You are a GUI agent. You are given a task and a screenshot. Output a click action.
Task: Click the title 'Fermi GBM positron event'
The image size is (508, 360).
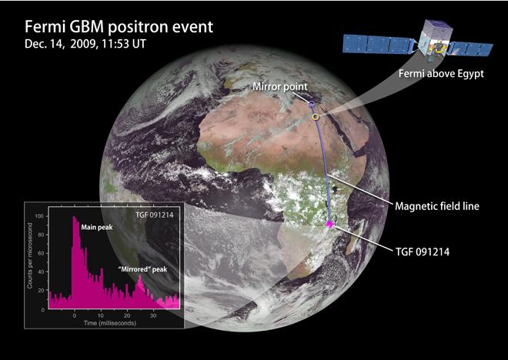pos(119,27)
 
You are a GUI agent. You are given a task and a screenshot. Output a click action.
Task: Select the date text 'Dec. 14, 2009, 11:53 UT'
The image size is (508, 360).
pos(85,44)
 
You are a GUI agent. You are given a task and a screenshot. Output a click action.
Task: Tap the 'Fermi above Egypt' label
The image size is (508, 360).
pos(441,74)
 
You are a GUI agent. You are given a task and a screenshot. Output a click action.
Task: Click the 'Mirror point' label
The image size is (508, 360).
pos(280,87)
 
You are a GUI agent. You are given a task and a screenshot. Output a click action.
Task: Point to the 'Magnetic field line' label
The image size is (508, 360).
pos(437,206)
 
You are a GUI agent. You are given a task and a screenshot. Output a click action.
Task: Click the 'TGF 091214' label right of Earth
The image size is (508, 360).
pos(423,252)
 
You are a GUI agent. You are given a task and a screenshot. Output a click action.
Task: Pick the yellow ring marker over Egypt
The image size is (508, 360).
pos(316,117)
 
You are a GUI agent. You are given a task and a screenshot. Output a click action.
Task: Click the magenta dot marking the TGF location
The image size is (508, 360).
pos(329,224)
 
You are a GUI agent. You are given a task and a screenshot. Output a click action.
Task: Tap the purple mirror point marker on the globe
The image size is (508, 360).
pos(312,105)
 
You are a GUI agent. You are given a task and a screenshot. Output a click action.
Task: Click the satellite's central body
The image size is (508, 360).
pos(433,40)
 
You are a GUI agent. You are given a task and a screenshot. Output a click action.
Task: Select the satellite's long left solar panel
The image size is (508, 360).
pos(379,45)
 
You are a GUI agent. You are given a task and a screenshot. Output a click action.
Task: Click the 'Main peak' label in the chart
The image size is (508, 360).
pos(97,228)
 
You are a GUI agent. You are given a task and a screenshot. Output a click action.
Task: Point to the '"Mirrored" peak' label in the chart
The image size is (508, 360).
pos(143,269)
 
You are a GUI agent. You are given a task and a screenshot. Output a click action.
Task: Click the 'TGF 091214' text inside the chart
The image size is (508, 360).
pos(155,215)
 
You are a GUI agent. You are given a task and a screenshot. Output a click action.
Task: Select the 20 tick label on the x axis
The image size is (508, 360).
pos(127,315)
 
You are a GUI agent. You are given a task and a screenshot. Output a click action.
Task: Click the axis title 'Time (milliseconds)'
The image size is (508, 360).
pos(110,323)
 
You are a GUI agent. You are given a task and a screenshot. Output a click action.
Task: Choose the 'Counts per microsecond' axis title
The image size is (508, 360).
pos(30,255)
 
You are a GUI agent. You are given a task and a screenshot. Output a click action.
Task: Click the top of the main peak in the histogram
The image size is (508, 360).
pos(74,217)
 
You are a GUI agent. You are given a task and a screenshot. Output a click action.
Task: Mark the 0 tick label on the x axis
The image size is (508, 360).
pos(75,315)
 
